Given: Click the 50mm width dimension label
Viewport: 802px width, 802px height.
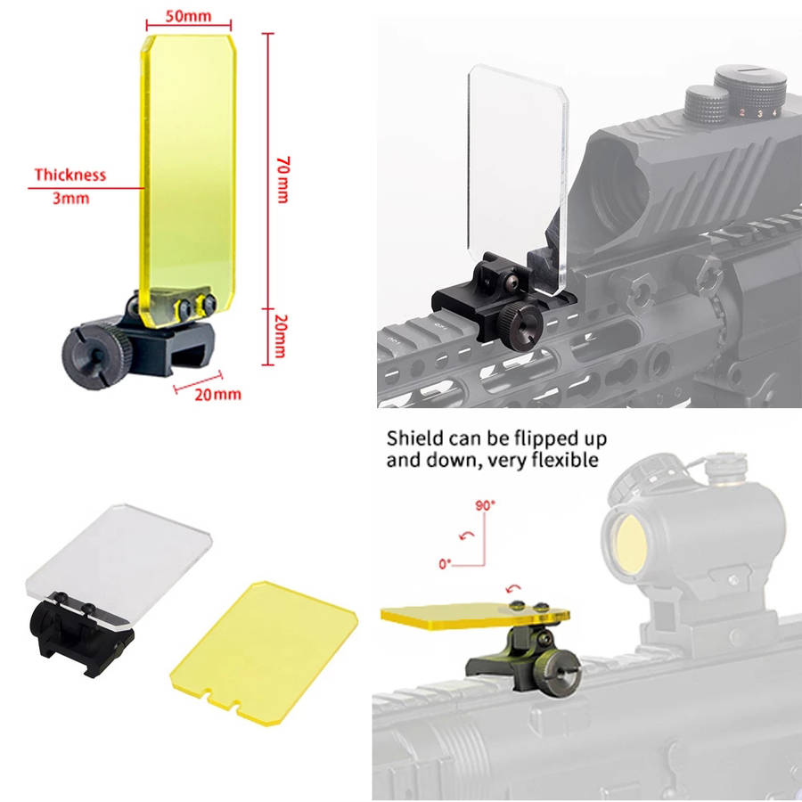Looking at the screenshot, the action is pyautogui.click(x=188, y=16).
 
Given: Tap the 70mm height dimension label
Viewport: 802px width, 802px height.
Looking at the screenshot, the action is pyautogui.click(x=282, y=180).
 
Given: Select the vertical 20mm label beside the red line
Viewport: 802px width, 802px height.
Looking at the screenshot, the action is pyautogui.click(x=281, y=336).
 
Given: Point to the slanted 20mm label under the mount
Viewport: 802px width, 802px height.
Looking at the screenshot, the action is pyautogui.click(x=217, y=395).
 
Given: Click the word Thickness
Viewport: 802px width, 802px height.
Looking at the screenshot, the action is pyautogui.click(x=70, y=175).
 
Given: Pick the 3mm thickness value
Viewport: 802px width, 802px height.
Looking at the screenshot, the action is pyautogui.click(x=70, y=198).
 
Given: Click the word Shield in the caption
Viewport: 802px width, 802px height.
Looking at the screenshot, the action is pyautogui.click(x=414, y=438).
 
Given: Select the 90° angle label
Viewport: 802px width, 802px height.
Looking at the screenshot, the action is pyautogui.click(x=486, y=505).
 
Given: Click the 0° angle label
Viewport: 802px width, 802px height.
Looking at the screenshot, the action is pyautogui.click(x=445, y=564).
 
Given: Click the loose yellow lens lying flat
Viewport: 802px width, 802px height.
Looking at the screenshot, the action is pyautogui.click(x=264, y=652).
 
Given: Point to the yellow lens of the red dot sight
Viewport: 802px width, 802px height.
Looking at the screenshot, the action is pyautogui.click(x=631, y=543).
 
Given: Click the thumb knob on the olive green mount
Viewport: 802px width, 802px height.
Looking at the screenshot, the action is pyautogui.click(x=555, y=673).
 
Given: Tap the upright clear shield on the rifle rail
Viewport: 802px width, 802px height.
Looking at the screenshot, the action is pyautogui.click(x=518, y=178).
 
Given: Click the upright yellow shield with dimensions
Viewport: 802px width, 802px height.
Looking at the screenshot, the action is pyautogui.click(x=188, y=179).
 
